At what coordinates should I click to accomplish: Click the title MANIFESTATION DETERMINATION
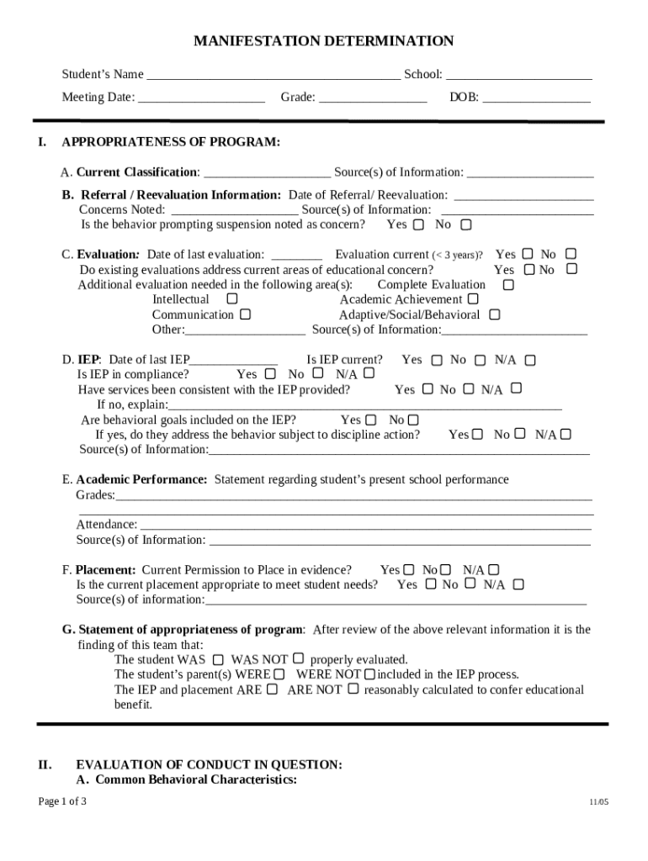pyautogui.click(x=323, y=41)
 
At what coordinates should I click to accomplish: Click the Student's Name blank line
pyautogui.click(x=274, y=76)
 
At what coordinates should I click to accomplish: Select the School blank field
pyautogui.click(x=518, y=76)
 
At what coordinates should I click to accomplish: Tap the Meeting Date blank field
pyautogui.click(x=201, y=98)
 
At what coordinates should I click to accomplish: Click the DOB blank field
pyautogui.click(x=536, y=98)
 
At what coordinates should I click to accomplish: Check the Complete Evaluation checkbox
pyautogui.click(x=507, y=285)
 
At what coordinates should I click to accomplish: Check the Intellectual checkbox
pyautogui.click(x=232, y=298)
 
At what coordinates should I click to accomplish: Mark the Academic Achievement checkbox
pyautogui.click(x=473, y=298)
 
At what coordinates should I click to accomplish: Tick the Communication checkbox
pyautogui.click(x=245, y=314)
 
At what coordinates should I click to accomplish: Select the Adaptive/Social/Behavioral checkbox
pyautogui.click(x=494, y=314)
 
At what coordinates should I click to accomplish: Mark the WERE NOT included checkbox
pyautogui.click(x=369, y=673)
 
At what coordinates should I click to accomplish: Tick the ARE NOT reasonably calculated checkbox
pyautogui.click(x=353, y=689)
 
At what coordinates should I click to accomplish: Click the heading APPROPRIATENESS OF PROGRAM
pyautogui.click(x=171, y=142)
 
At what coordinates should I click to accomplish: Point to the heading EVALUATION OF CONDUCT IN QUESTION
pyautogui.click(x=209, y=764)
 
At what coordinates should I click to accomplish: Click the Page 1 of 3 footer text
pyautogui.click(x=62, y=801)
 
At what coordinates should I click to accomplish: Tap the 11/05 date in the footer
pyautogui.click(x=598, y=802)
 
